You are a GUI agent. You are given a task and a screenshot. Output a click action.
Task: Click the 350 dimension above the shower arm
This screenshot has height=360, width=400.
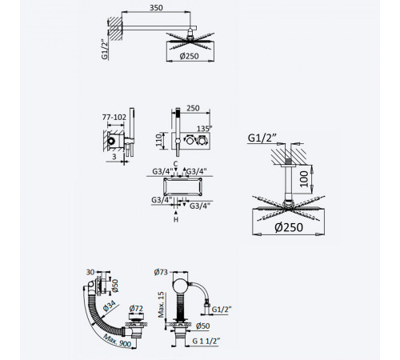156,8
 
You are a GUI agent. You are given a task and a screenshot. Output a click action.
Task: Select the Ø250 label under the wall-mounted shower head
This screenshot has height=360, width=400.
189,56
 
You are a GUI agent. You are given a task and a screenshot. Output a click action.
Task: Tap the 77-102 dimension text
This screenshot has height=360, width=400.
114,117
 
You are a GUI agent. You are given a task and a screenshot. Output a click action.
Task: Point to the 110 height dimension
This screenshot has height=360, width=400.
159,140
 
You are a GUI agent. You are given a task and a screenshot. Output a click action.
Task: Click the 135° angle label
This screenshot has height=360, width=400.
205,129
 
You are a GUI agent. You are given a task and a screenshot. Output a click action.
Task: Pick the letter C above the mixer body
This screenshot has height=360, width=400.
175,164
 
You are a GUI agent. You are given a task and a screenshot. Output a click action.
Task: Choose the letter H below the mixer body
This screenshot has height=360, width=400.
176,219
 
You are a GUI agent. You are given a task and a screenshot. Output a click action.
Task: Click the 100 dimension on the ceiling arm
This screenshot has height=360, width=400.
304,179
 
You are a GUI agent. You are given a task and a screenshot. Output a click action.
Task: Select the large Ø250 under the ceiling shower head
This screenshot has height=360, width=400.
289,227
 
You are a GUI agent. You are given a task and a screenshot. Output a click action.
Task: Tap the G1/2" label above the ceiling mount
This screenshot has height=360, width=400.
262,138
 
